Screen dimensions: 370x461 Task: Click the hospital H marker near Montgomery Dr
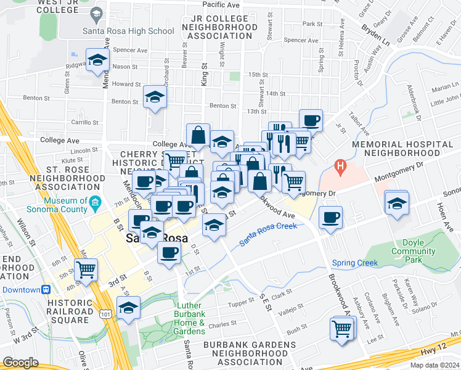coord(339,166)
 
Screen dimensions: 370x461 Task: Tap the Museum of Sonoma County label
coord(65,205)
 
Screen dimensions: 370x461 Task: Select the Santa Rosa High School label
coord(129,31)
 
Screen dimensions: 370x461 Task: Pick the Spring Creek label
coord(354,263)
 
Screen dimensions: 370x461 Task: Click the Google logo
coord(21,362)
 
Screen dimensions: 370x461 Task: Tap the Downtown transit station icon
coord(46,289)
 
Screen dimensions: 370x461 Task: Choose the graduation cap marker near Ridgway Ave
coord(97,60)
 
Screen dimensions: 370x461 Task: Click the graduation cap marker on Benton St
coord(155,96)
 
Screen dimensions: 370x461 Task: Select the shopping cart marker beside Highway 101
coord(86,269)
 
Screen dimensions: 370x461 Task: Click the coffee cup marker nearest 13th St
coord(311,120)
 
